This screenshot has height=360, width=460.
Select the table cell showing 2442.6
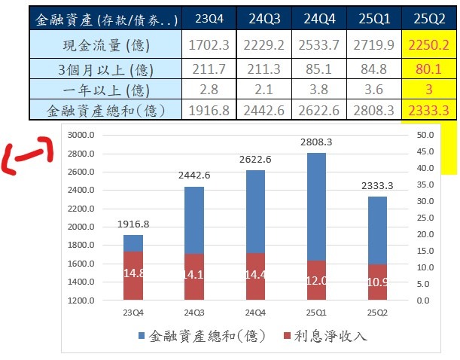tap(267, 111)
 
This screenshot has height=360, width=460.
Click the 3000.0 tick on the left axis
tap(79, 136)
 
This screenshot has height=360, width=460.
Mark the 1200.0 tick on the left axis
tap(79, 301)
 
